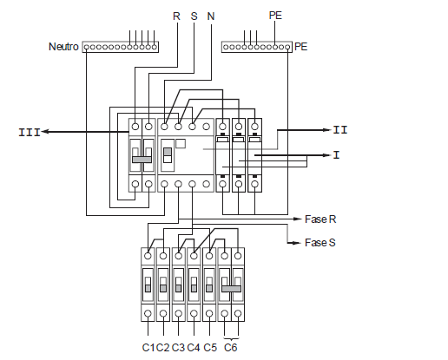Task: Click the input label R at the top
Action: click(176, 16)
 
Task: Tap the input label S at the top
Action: click(194, 16)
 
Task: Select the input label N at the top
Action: click(211, 16)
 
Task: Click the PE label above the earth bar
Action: click(275, 16)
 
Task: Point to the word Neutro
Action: click(63, 47)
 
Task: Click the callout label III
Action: click(30, 133)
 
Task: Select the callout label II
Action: click(340, 130)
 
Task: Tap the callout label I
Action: click(336, 155)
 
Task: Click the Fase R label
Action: click(320, 219)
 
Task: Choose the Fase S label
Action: click(320, 242)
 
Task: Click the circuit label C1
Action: click(148, 347)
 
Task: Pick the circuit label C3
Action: click(178, 347)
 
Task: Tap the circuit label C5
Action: click(210, 347)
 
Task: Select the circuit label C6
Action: click(231, 347)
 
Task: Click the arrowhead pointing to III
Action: click(45, 132)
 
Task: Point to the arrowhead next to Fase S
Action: click(297, 243)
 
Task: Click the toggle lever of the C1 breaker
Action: click(148, 285)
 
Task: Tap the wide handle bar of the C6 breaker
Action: click(231, 289)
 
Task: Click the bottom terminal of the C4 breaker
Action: click(194, 313)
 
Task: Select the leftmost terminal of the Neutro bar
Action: click(86, 47)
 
